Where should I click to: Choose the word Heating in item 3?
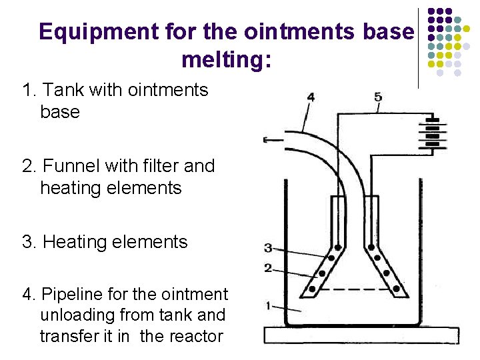(x=73, y=241)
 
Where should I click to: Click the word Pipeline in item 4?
(x=71, y=294)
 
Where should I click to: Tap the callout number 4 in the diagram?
(x=310, y=97)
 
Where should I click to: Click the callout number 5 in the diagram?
(x=378, y=97)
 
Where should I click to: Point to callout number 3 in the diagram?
(x=268, y=248)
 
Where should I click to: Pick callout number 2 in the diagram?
(x=268, y=268)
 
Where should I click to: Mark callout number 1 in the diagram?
(x=268, y=306)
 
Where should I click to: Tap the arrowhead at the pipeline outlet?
(x=267, y=140)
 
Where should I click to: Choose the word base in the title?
(x=388, y=32)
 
